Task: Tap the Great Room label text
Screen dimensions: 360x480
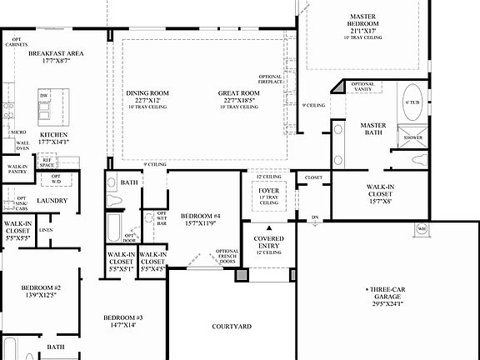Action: (240, 93)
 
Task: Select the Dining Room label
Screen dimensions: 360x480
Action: (147, 93)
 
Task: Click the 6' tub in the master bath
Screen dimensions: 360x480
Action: (412, 103)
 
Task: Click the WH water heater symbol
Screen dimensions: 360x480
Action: (422, 228)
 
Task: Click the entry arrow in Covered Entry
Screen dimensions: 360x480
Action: (268, 227)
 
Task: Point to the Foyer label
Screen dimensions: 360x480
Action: (268, 191)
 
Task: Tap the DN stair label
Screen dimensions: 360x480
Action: (314, 217)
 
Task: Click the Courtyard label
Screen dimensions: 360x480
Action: (232, 327)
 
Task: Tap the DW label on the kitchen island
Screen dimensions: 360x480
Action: (43, 97)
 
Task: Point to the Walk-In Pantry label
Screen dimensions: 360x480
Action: (17, 170)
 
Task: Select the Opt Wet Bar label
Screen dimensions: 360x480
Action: (162, 219)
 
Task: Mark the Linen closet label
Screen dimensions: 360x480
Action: (46, 230)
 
